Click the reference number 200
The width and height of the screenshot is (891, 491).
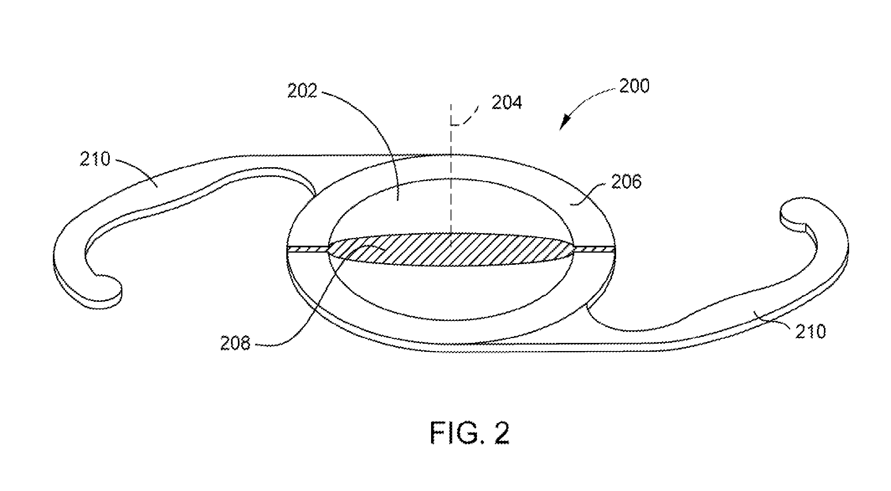(x=634, y=86)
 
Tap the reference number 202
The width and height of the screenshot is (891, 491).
(x=302, y=90)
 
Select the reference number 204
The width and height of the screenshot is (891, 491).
(x=507, y=103)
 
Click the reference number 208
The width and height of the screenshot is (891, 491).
(x=235, y=344)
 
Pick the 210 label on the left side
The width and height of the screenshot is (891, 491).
(x=95, y=159)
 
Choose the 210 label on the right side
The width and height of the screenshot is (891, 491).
(x=810, y=332)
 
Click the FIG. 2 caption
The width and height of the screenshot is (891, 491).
(x=469, y=434)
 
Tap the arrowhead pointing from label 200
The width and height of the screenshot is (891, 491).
(x=564, y=123)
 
